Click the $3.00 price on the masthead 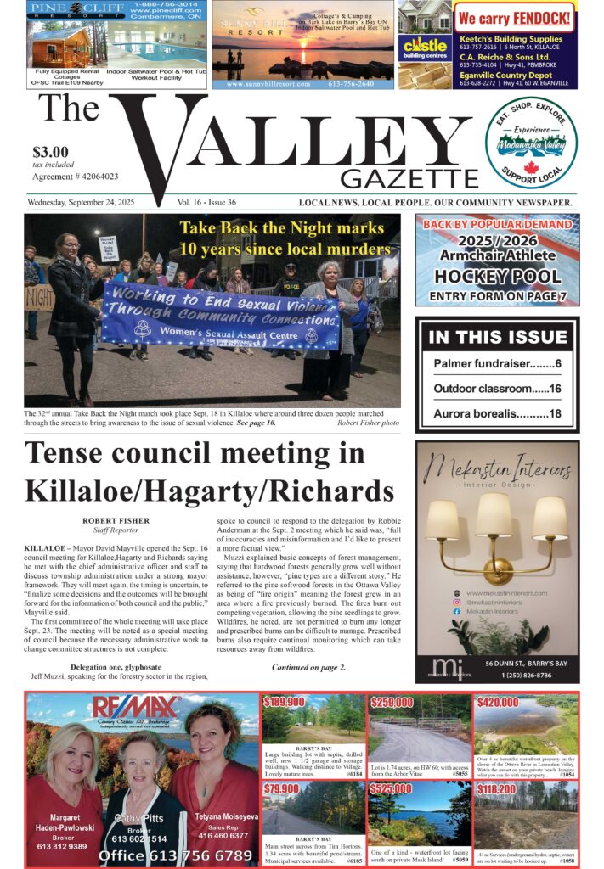coord(51,152)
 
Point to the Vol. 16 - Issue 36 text coord(206,203)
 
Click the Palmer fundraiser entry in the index coord(497,363)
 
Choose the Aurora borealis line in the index coord(497,414)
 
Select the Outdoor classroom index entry coord(497,389)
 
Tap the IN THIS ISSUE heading coord(497,337)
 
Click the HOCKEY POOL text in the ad coord(497,277)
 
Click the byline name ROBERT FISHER coord(117,519)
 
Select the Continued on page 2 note coord(308,668)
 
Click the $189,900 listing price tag coord(285,703)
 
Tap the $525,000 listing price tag coord(391,788)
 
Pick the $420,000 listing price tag coord(498,703)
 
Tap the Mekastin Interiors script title coord(497,469)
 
